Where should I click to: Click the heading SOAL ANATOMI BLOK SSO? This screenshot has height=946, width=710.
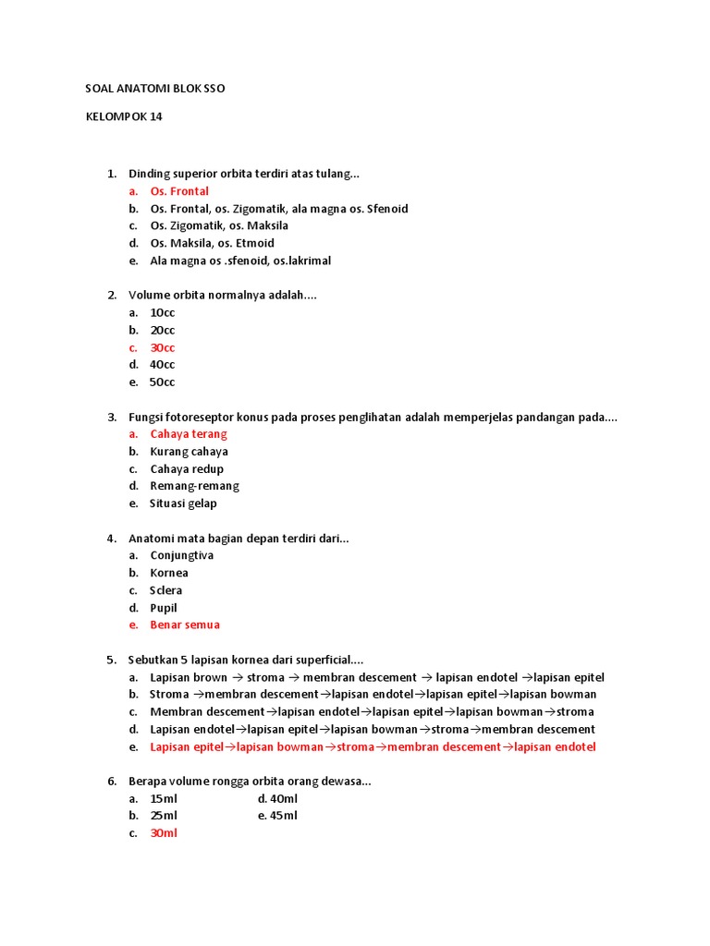(x=154, y=89)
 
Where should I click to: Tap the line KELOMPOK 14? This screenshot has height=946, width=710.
(x=124, y=116)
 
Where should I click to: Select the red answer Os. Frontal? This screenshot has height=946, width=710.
(x=179, y=191)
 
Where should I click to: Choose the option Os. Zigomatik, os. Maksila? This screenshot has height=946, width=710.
(x=219, y=225)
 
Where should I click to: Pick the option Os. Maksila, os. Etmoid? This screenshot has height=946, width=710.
(x=212, y=243)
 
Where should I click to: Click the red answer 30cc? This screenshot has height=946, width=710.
(x=163, y=347)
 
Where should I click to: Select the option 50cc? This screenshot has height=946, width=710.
(x=163, y=382)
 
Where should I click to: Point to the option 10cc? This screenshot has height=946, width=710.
(x=163, y=312)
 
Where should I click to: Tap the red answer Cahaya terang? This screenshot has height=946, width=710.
(x=189, y=433)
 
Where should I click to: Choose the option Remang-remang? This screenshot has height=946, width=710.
(x=194, y=486)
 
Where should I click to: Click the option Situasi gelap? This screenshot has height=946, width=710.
(x=184, y=503)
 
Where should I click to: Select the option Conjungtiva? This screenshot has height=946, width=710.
(x=182, y=555)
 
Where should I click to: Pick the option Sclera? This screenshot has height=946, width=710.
(x=166, y=590)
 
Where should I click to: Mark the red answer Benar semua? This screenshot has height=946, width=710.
(x=185, y=625)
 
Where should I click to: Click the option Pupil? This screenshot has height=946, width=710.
(x=164, y=608)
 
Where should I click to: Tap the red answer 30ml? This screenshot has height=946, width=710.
(x=164, y=832)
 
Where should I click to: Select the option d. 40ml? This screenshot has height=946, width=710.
(x=277, y=798)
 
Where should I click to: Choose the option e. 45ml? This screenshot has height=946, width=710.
(x=277, y=815)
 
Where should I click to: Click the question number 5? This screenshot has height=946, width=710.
(x=111, y=660)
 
